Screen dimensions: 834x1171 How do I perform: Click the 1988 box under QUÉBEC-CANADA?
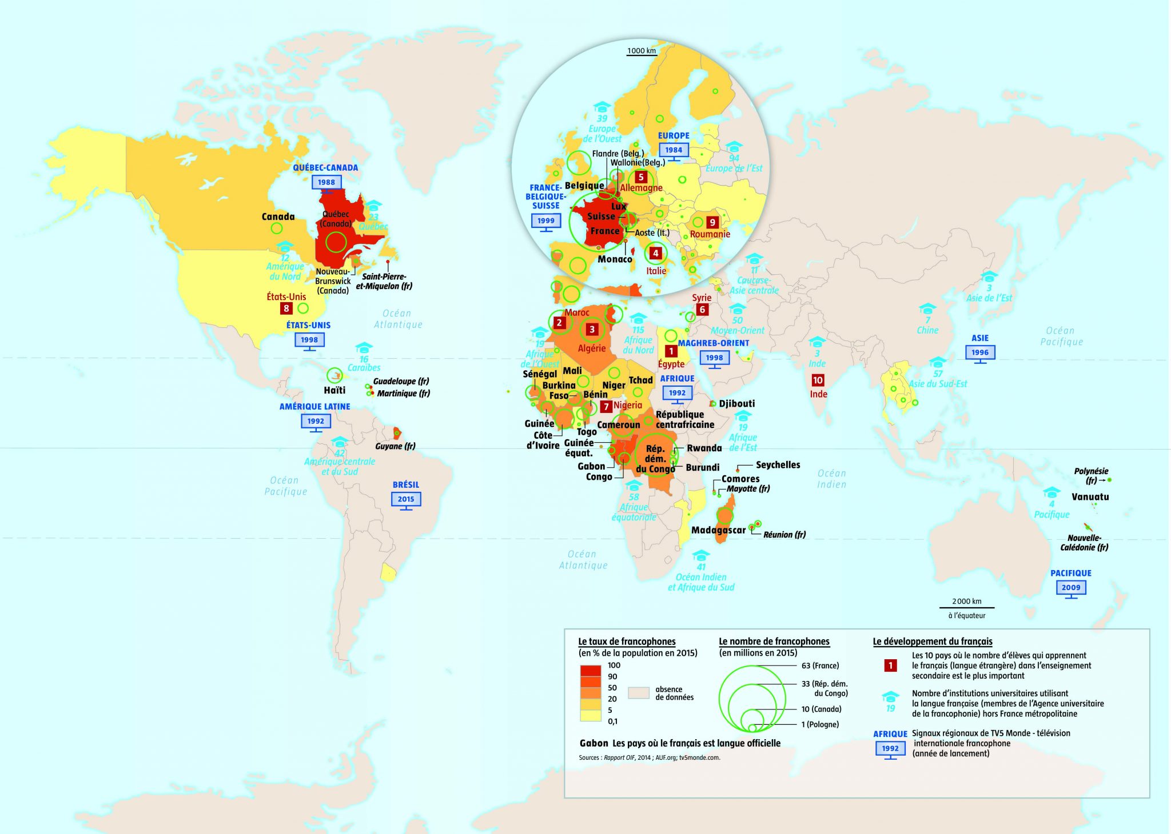(x=326, y=182)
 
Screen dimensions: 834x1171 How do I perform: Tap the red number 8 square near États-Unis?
(x=286, y=308)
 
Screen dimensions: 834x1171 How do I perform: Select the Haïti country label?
(x=334, y=390)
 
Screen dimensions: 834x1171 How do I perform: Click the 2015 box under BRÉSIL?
(x=406, y=499)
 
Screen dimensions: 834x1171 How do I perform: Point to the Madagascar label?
(x=718, y=530)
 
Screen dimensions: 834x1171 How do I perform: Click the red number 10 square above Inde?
(x=818, y=380)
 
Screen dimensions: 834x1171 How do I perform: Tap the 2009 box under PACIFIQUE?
(x=1071, y=587)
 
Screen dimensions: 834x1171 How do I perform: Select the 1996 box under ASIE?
(x=979, y=352)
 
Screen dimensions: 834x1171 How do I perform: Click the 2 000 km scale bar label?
(x=966, y=601)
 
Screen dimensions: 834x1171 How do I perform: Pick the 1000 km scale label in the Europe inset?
(x=642, y=51)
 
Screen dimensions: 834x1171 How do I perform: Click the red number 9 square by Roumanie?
(x=712, y=222)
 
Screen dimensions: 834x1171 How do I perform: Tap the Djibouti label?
(x=736, y=403)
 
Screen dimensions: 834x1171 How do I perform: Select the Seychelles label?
(x=778, y=465)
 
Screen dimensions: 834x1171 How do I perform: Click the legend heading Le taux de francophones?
(x=627, y=641)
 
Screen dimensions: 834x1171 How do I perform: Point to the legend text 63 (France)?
(x=820, y=665)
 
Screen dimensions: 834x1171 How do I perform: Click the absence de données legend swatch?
(x=638, y=693)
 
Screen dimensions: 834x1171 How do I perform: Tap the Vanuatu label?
(x=1090, y=497)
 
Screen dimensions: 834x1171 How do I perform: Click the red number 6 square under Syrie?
(x=702, y=310)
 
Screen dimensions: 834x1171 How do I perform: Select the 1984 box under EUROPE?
(x=674, y=150)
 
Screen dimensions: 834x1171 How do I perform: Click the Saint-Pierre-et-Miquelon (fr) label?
(x=384, y=281)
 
